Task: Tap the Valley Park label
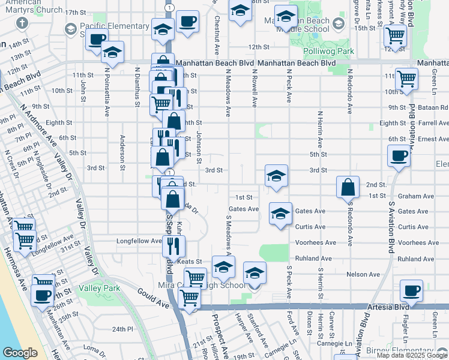(99, 288)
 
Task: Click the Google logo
(20, 353)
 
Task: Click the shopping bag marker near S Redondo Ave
(348, 188)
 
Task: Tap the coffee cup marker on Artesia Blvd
(412, 292)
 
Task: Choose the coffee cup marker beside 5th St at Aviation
(399, 158)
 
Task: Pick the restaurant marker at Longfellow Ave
(174, 246)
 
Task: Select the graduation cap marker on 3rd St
(276, 176)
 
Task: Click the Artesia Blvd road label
(385, 306)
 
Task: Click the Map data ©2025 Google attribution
(411, 355)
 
